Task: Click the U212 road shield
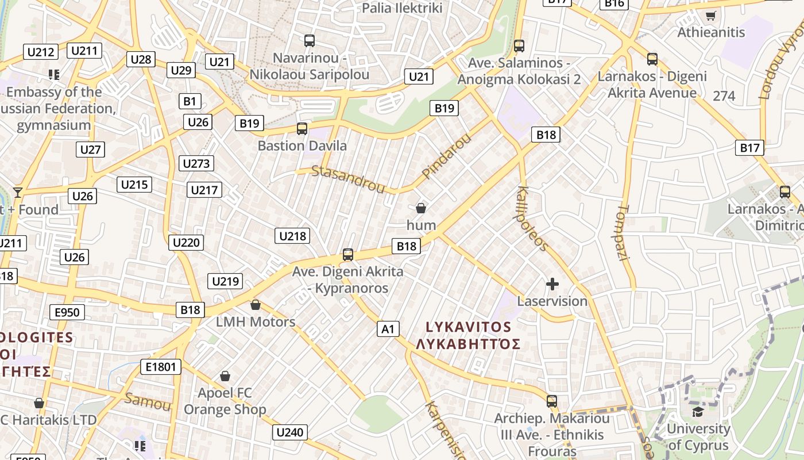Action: [41, 52]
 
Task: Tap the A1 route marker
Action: [388, 329]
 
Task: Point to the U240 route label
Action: [291, 432]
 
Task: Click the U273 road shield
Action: [196, 163]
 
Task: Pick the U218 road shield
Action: [293, 235]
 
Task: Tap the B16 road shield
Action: [614, 3]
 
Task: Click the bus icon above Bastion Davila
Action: [302, 129]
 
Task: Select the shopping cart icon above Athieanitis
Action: [710, 16]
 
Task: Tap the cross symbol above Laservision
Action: [552, 284]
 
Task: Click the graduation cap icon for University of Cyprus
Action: [698, 412]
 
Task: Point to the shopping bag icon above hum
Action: [421, 208]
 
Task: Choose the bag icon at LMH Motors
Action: [256, 305]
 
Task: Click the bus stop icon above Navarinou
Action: [310, 41]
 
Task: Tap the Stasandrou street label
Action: [348, 179]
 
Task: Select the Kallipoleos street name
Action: [533, 218]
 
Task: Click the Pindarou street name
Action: [446, 155]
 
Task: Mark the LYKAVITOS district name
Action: [468, 327]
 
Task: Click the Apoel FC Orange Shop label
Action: [225, 401]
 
